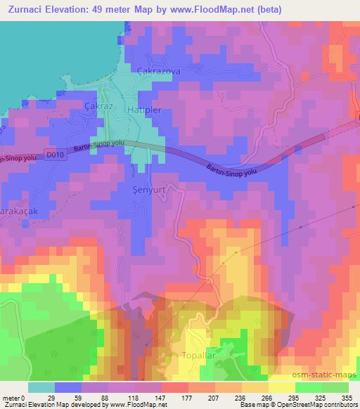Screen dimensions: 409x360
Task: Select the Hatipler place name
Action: coord(144,110)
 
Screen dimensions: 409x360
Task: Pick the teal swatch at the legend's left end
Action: coord(41,387)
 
